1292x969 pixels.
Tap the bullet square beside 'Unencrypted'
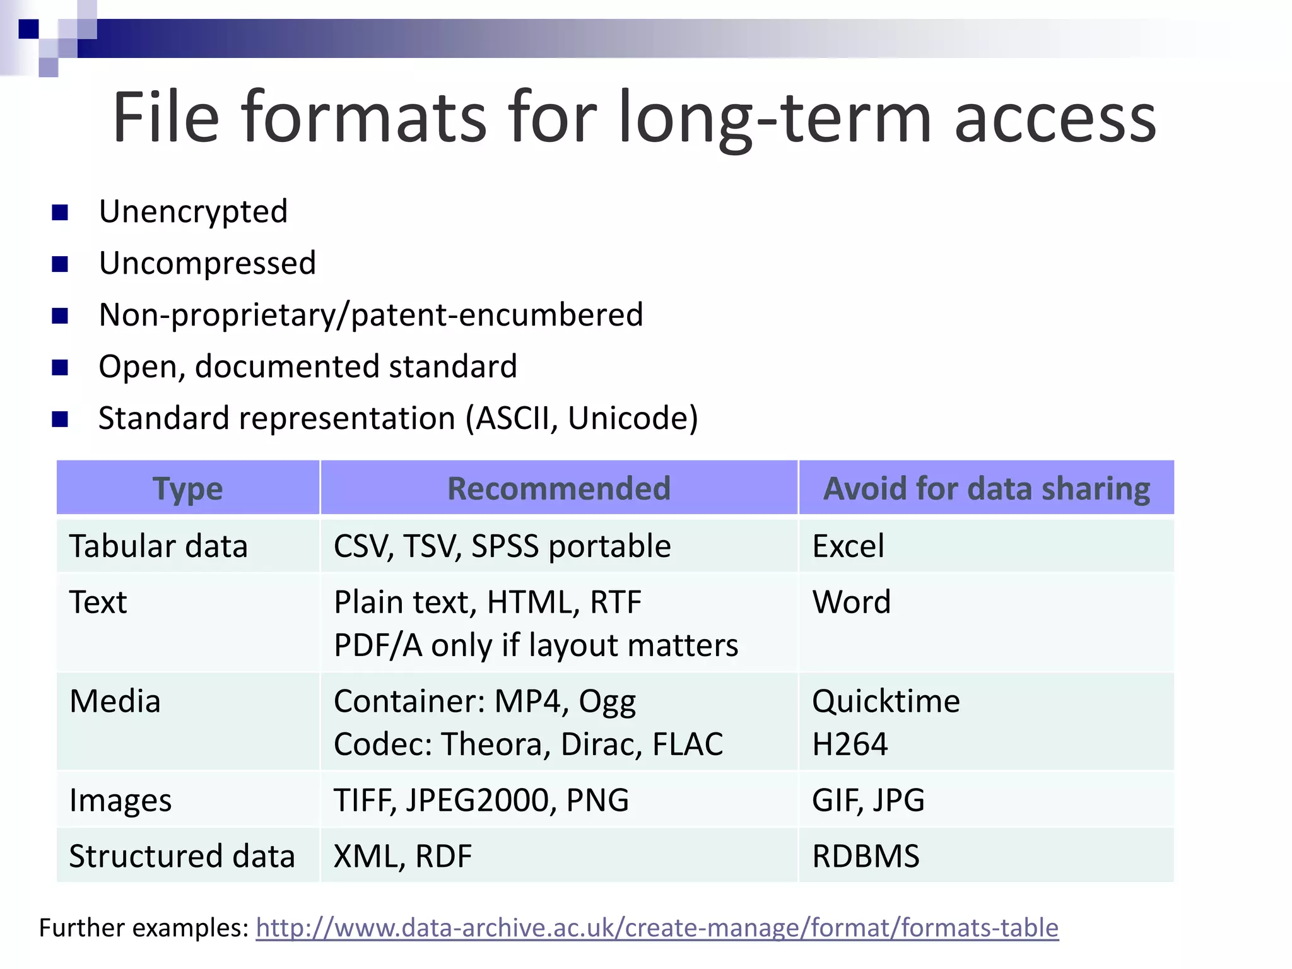[60, 213]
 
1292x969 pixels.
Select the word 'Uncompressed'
[207, 263]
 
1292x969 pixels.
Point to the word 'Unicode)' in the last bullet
[633, 418]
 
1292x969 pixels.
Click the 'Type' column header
[187, 489]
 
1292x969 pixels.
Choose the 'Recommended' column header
[558, 489]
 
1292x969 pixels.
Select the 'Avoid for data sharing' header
[986, 489]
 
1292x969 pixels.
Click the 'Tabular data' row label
[158, 546]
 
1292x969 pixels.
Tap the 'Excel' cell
[848, 546]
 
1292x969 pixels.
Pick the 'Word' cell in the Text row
[851, 602]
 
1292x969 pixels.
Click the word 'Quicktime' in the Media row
[886, 702]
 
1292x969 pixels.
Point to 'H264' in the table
[850, 744]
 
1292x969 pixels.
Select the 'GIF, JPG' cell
[868, 801]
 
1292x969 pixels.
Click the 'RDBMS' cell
[866, 857]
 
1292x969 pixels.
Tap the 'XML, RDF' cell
[402, 857]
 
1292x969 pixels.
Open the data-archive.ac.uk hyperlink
[657, 928]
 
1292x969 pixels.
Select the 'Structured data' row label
[182, 857]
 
